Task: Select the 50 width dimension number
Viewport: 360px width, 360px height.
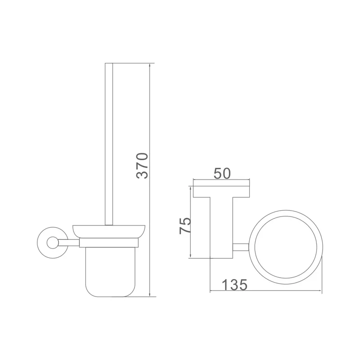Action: coord(222,173)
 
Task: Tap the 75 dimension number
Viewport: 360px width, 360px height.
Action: coord(185,225)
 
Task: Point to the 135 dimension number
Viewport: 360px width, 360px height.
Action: coord(234,285)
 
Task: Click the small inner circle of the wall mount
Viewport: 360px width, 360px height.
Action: coord(53,243)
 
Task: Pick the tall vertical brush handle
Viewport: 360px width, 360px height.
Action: coord(109,144)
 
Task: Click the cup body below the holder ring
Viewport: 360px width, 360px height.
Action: coord(110,272)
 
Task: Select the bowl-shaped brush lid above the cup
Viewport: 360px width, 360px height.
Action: coord(109,231)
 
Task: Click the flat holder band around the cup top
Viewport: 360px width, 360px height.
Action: coord(109,243)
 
